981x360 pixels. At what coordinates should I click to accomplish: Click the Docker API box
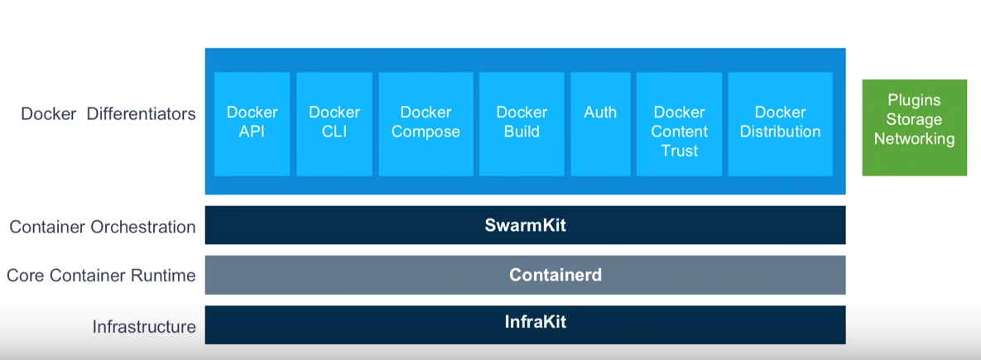252,123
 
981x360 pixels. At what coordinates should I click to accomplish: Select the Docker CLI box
334,123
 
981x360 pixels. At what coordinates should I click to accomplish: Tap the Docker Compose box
426,123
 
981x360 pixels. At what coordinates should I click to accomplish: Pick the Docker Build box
522,123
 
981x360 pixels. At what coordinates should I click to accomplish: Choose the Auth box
600,123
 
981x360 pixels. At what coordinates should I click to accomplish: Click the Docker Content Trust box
679,124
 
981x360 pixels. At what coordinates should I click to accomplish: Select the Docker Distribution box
780,123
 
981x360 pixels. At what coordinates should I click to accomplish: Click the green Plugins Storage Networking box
914,127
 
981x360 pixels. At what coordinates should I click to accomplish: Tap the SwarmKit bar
525,225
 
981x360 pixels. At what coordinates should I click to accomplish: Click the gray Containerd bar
525,275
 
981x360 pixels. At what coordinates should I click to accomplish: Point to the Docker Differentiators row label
108,114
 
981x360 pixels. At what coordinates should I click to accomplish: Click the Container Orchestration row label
103,227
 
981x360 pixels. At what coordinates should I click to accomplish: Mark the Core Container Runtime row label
101,276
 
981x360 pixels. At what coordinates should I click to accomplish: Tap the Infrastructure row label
144,327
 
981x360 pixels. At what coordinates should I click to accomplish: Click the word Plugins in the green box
914,100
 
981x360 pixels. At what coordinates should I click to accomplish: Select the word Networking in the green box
914,139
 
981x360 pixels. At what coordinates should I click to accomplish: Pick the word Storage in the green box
914,119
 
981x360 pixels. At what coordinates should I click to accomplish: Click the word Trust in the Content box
679,151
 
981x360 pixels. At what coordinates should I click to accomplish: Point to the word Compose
426,132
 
